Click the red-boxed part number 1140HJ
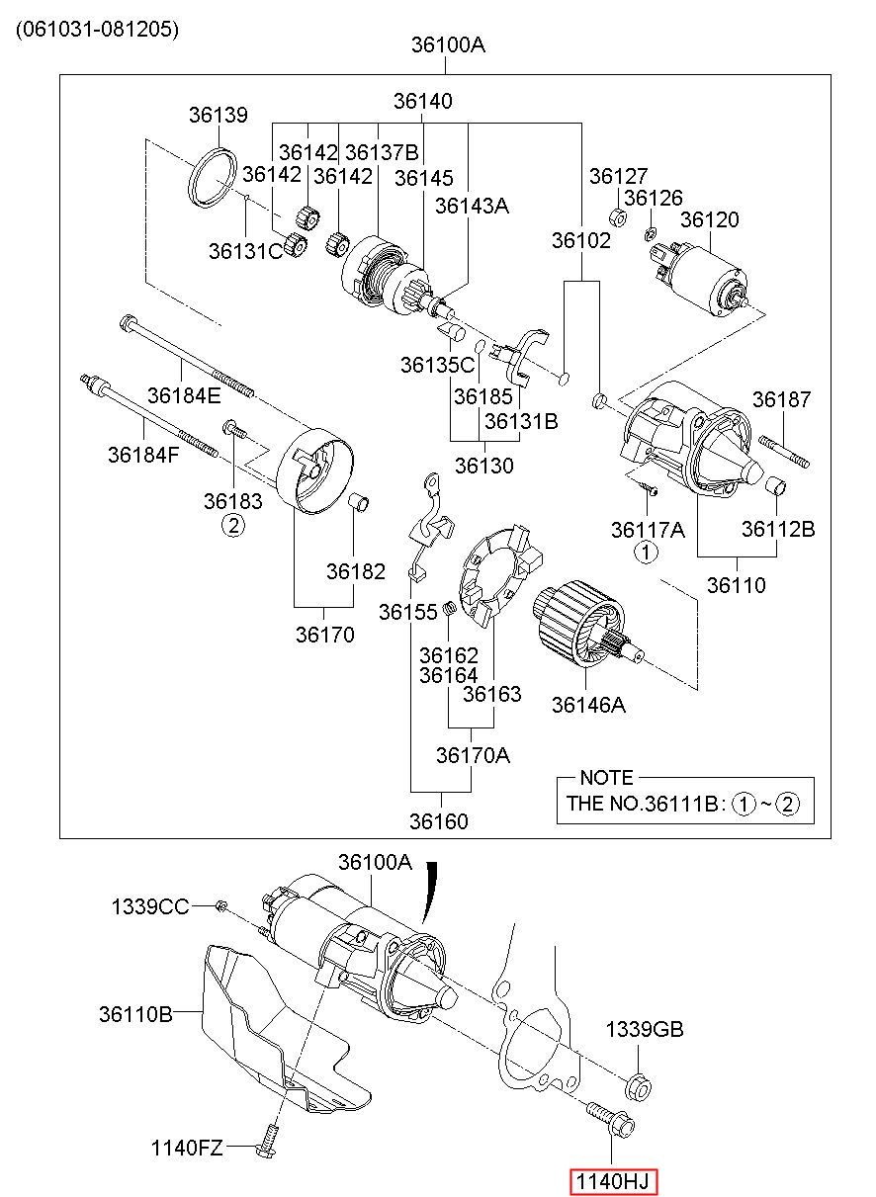(x=614, y=1180)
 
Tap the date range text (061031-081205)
(x=97, y=29)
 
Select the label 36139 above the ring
(x=219, y=115)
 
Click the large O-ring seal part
(x=213, y=178)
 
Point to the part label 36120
(x=709, y=219)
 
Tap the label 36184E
(x=184, y=395)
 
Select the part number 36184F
(x=143, y=455)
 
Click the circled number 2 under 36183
(x=233, y=526)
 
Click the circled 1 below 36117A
(x=645, y=552)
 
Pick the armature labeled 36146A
(x=588, y=623)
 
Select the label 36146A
(x=588, y=706)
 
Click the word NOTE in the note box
(x=606, y=778)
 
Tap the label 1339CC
(x=150, y=906)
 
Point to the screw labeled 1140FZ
(x=268, y=1154)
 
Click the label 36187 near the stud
(x=781, y=399)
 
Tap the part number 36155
(x=407, y=612)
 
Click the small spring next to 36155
(x=450, y=608)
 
